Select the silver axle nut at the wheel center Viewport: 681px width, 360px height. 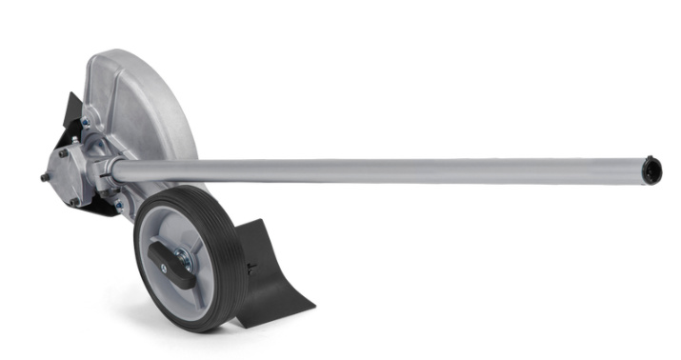(181, 258)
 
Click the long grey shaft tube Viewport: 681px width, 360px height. (381, 170)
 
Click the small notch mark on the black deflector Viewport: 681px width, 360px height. (250, 265)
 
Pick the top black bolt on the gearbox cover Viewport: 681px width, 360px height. (65, 152)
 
